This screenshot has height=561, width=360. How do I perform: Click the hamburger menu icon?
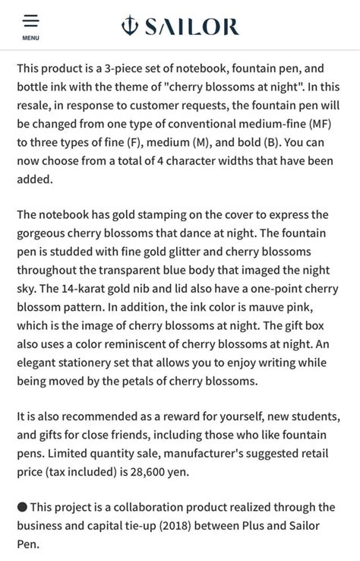click(31, 21)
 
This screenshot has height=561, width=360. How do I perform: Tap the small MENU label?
click(31, 38)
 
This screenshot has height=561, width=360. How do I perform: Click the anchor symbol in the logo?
click(130, 27)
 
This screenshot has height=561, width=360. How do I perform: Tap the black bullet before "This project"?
click(22, 508)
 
